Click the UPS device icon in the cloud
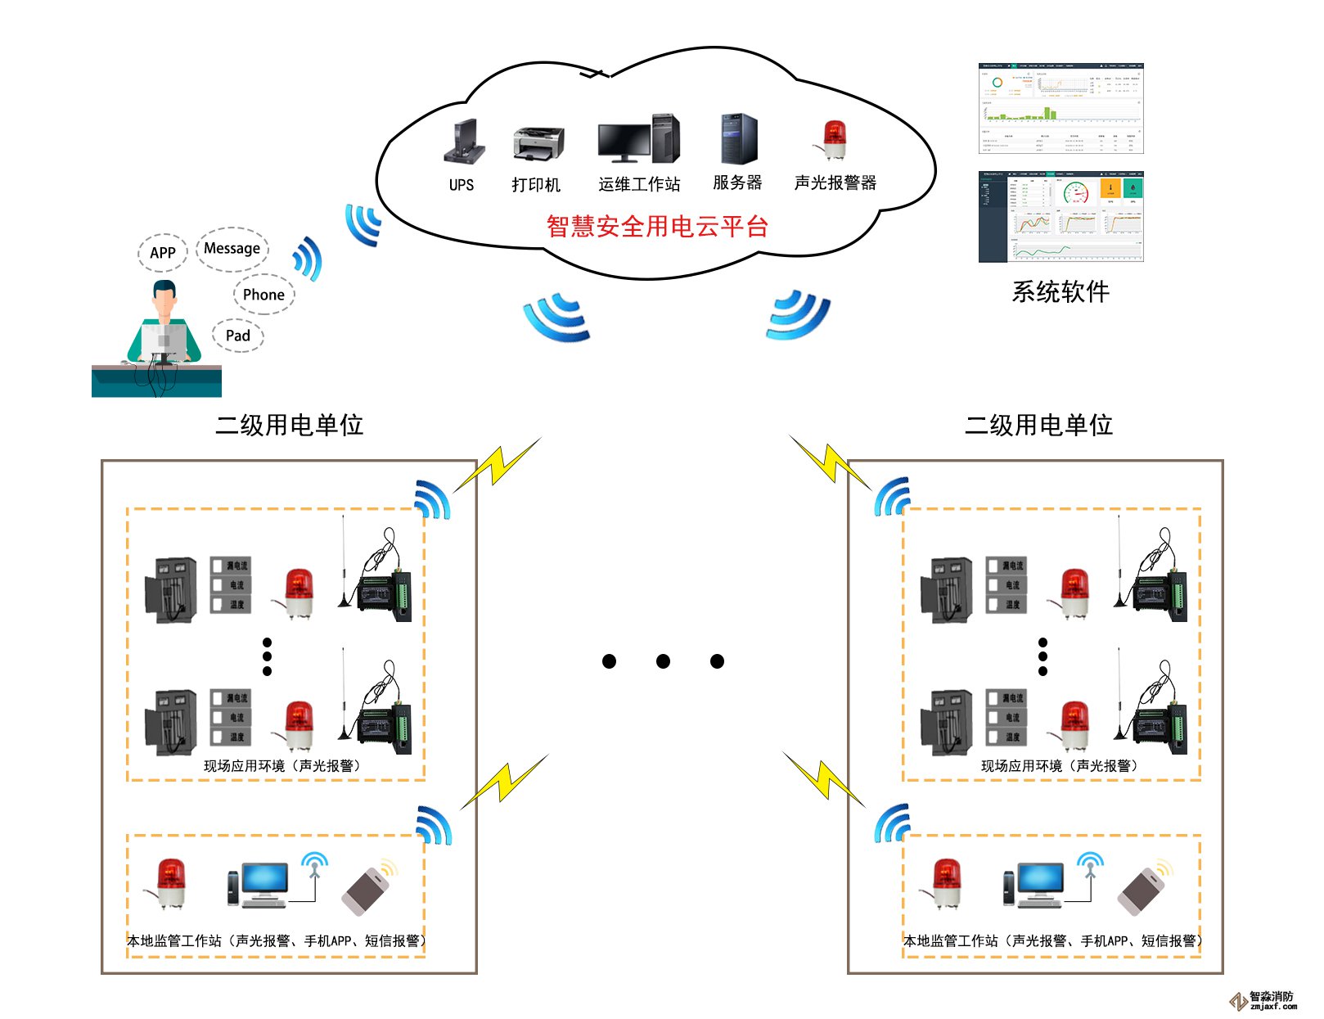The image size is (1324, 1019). point(464,142)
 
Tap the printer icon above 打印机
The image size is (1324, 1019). point(538,144)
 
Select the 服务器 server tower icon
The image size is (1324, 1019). point(738,139)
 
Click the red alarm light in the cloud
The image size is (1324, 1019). point(833,140)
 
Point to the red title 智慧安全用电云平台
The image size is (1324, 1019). point(657,227)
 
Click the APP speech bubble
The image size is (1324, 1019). point(163,253)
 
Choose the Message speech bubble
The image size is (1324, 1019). point(232,248)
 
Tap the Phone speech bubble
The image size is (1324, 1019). point(263,295)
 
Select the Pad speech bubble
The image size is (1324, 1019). point(238,336)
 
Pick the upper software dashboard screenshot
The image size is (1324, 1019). point(1061,108)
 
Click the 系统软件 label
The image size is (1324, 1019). point(1061,291)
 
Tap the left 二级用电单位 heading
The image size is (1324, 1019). point(289,425)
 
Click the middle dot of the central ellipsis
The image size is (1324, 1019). point(663,661)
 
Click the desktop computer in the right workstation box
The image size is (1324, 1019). point(1035,885)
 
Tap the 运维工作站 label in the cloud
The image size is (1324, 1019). point(639,185)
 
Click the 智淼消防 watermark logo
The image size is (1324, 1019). point(1263,1000)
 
